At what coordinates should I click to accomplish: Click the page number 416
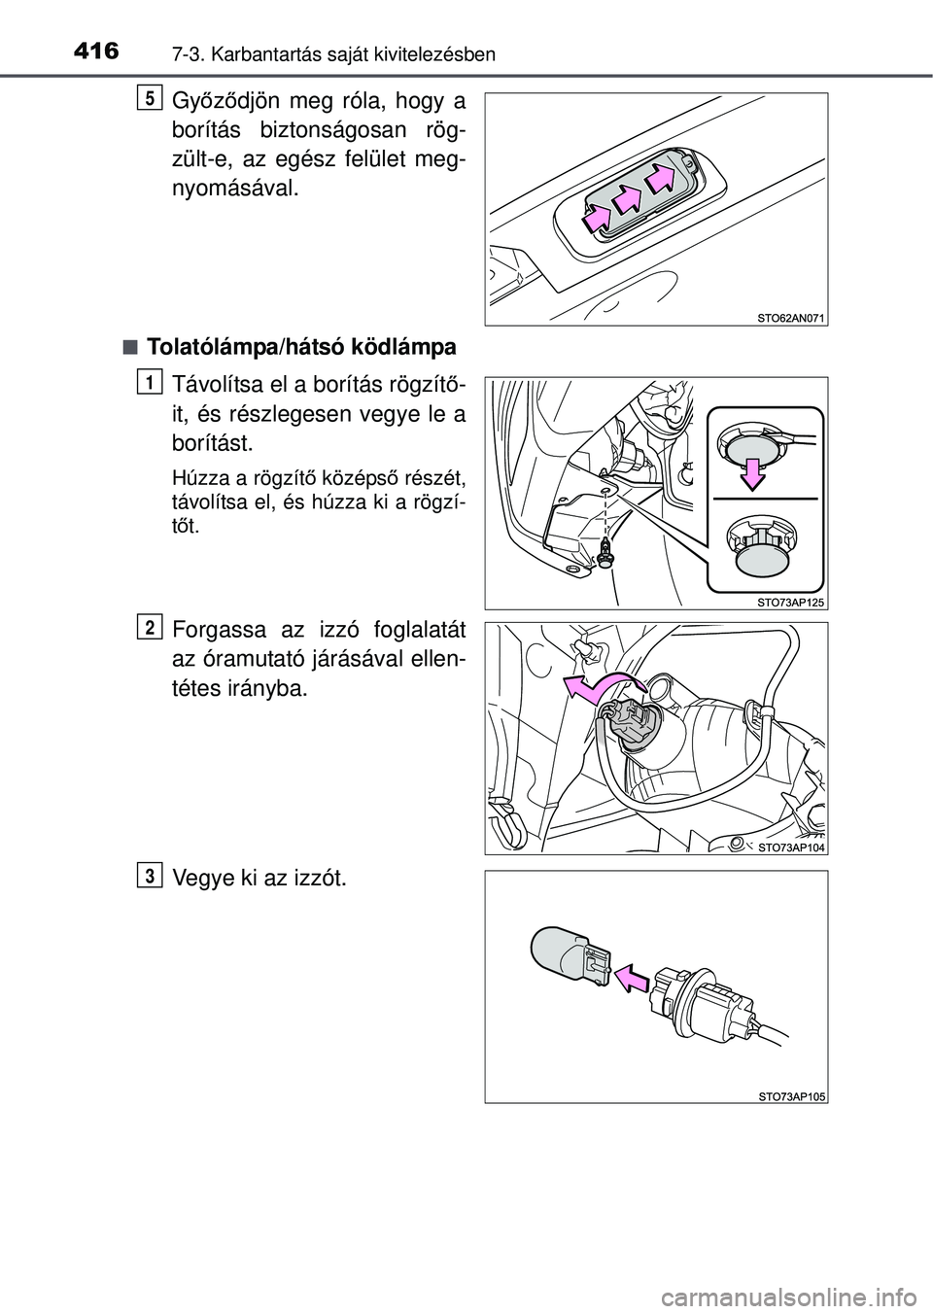pos(97,52)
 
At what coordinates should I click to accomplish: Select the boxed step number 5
pos(151,98)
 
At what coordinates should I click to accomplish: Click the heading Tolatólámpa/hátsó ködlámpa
pos(301,347)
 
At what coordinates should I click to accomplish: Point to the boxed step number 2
pos(151,628)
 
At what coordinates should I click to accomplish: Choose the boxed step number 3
pos(151,877)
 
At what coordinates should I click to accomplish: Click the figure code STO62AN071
pos(790,319)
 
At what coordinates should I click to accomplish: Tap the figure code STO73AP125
pos(790,603)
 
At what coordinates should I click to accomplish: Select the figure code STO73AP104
pos(790,847)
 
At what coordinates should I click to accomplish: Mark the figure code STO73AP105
pos(790,1095)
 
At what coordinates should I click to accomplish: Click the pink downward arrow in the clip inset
pos(752,472)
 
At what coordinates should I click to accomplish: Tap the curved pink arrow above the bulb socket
pos(604,687)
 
